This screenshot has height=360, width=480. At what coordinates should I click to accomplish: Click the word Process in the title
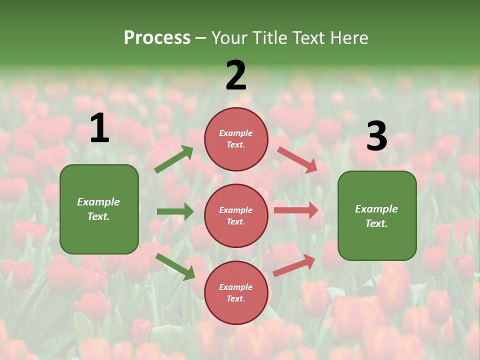point(157,38)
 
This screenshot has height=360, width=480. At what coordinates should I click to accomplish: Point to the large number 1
point(99,128)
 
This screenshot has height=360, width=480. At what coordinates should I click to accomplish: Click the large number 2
point(236,75)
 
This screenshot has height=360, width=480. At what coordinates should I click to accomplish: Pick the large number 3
point(376,136)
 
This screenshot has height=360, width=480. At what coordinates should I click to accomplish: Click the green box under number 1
point(99,209)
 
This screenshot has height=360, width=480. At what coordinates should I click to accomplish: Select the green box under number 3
point(377,215)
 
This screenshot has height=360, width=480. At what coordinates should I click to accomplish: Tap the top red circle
point(236,139)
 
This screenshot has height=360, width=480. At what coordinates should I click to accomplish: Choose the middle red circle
point(236,215)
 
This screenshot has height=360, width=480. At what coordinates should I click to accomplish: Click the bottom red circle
point(236,292)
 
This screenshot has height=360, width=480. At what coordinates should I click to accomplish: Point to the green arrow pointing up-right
point(174,159)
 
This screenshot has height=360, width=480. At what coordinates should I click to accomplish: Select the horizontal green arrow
point(175,211)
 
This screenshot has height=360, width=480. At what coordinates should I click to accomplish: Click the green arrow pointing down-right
point(175,266)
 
